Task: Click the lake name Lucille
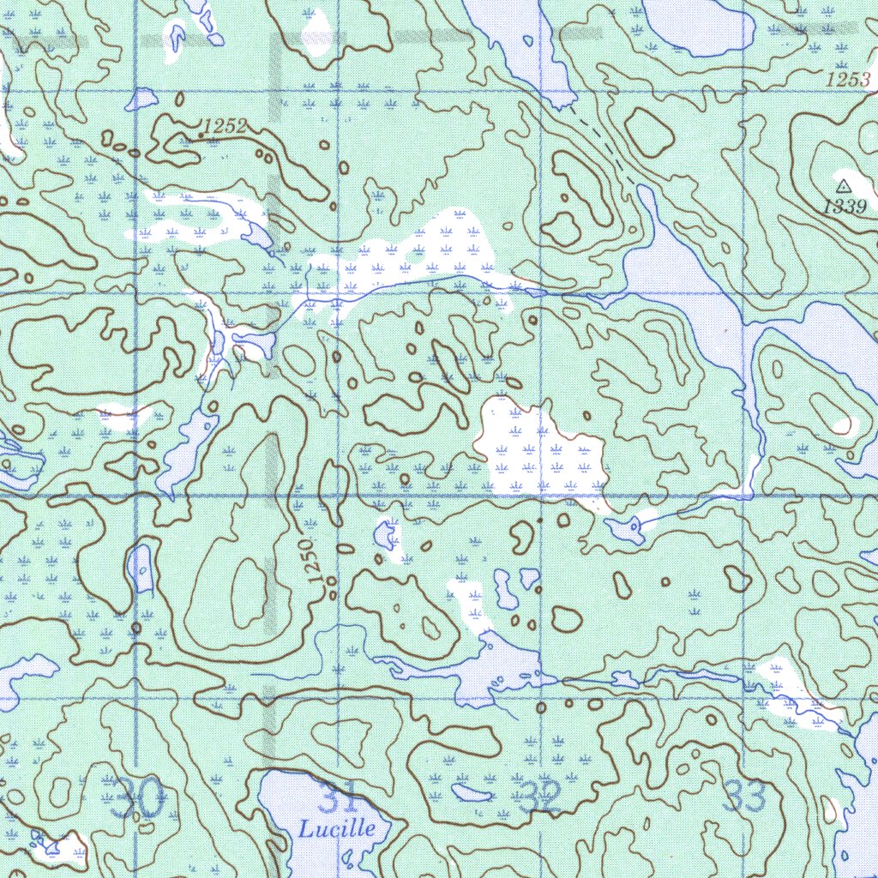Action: pos(336,829)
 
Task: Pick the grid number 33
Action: pos(743,797)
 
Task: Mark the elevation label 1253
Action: pos(848,80)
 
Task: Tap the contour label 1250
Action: pos(313,562)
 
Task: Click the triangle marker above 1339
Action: pos(844,185)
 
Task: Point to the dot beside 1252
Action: pos(201,135)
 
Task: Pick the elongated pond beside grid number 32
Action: pos(472,792)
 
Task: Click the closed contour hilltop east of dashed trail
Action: pos(649,132)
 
